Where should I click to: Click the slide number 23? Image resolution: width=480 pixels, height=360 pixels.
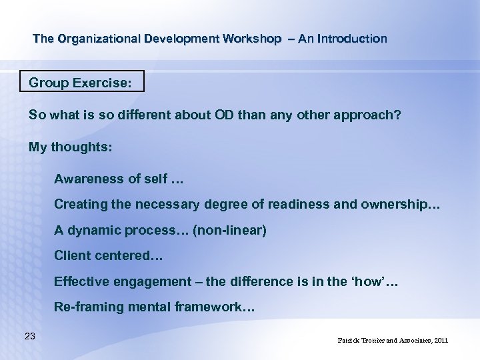tap(29, 336)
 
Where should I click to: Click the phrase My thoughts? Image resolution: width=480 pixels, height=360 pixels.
tap(71, 147)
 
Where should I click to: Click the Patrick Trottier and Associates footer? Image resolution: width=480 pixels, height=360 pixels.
tap(393, 341)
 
